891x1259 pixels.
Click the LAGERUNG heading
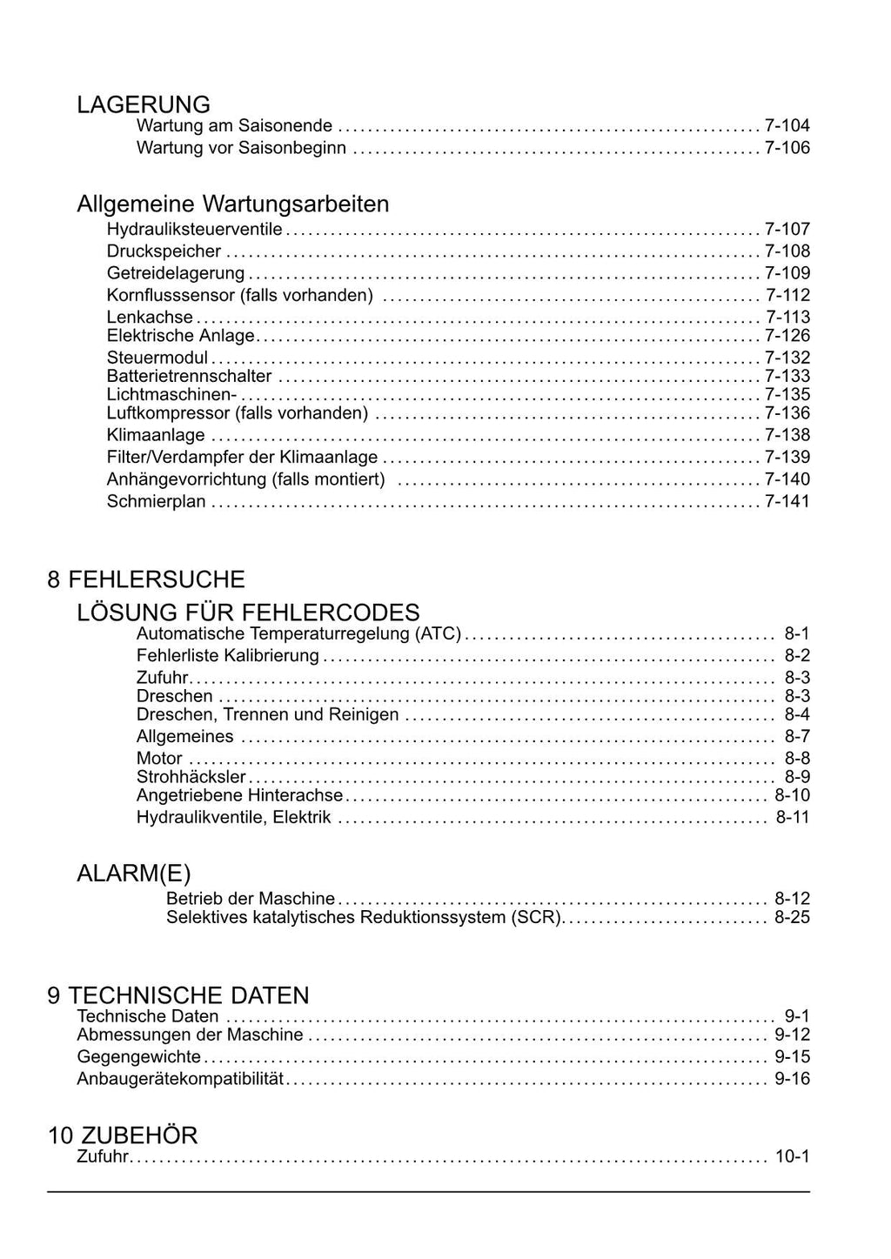[x=144, y=104]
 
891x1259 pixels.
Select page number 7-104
[x=787, y=125]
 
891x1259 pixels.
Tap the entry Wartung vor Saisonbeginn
[x=241, y=148]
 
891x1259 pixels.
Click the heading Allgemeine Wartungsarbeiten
[x=233, y=204]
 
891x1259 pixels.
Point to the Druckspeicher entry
[x=164, y=251]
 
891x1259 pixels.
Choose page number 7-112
[x=787, y=295]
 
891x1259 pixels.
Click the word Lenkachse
[x=150, y=317]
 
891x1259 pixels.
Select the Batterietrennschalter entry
[x=189, y=376]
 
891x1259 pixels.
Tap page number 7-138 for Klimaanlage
[x=787, y=435]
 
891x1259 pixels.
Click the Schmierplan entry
[x=156, y=501]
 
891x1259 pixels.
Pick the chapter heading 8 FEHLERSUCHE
[x=146, y=579]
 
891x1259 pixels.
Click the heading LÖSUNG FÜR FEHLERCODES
[x=248, y=613]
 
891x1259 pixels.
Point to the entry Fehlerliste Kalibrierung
[x=228, y=655]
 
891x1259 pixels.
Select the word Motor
[x=159, y=758]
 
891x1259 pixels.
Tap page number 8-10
[x=792, y=795]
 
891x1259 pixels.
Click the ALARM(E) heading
[x=134, y=874]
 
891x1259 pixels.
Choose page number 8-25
[x=792, y=918]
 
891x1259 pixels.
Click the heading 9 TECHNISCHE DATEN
[x=178, y=995]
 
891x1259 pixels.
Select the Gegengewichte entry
[x=139, y=1057]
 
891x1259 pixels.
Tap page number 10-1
[x=792, y=1157]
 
